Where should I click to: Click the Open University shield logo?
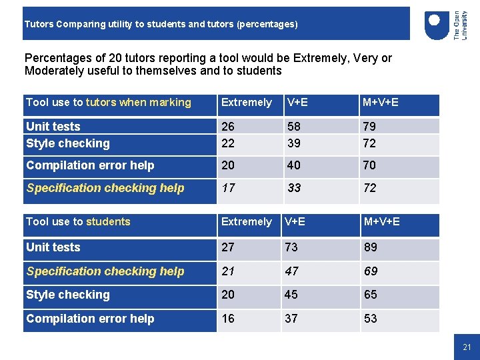tap(437, 26)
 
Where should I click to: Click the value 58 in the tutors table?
tap(294, 127)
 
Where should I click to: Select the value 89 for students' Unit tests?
tap(371, 247)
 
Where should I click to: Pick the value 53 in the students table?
tap(371, 319)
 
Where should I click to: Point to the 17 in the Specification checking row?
tap(228, 188)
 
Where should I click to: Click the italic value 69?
tap(371, 271)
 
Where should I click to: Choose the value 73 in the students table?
tap(291, 247)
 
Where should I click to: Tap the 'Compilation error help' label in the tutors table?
tap(90, 165)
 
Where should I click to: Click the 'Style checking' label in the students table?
tap(67, 295)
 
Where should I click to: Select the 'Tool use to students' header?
tap(78, 221)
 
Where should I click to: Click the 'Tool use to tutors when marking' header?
tap(108, 102)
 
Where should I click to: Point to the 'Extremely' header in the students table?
tap(246, 221)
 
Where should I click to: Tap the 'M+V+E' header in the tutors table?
tap(381, 102)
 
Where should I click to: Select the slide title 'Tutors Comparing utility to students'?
tap(161, 24)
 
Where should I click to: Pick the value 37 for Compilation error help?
tap(291, 319)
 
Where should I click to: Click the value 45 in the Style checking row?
tap(291, 295)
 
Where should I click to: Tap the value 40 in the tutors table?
tap(294, 165)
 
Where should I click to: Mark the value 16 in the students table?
tap(228, 319)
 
